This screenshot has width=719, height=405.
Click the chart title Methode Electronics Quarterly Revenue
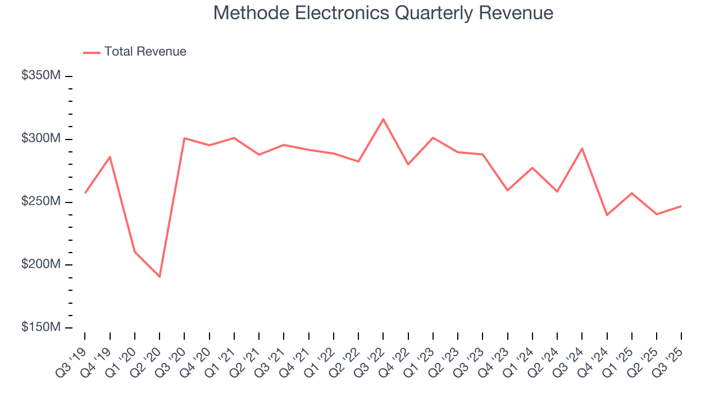tap(383, 13)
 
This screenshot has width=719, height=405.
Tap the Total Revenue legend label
tap(145, 52)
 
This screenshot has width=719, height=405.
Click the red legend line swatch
tap(92, 52)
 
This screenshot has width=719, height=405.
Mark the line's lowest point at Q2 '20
tap(160, 277)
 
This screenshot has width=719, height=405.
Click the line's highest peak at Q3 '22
tap(383, 119)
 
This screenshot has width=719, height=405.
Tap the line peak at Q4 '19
tap(110, 157)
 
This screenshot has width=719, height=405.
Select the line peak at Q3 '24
tap(582, 148)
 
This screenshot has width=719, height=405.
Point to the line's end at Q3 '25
tap(681, 206)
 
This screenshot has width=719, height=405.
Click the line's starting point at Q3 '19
tap(85, 193)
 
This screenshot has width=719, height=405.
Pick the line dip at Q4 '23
tap(507, 190)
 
